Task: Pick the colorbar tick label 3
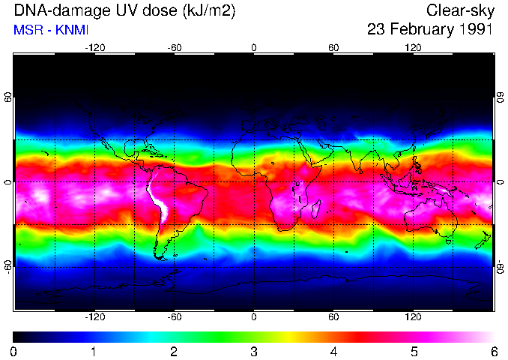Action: pos(254,351)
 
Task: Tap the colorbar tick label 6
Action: pos(493,351)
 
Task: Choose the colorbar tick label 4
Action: pos(333,351)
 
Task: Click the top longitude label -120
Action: pos(94,47)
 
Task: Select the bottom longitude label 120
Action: pos(413,316)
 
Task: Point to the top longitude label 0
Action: pos(254,47)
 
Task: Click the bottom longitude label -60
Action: pos(174,316)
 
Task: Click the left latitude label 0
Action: pos(8,182)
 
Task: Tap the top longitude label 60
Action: pos(333,47)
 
